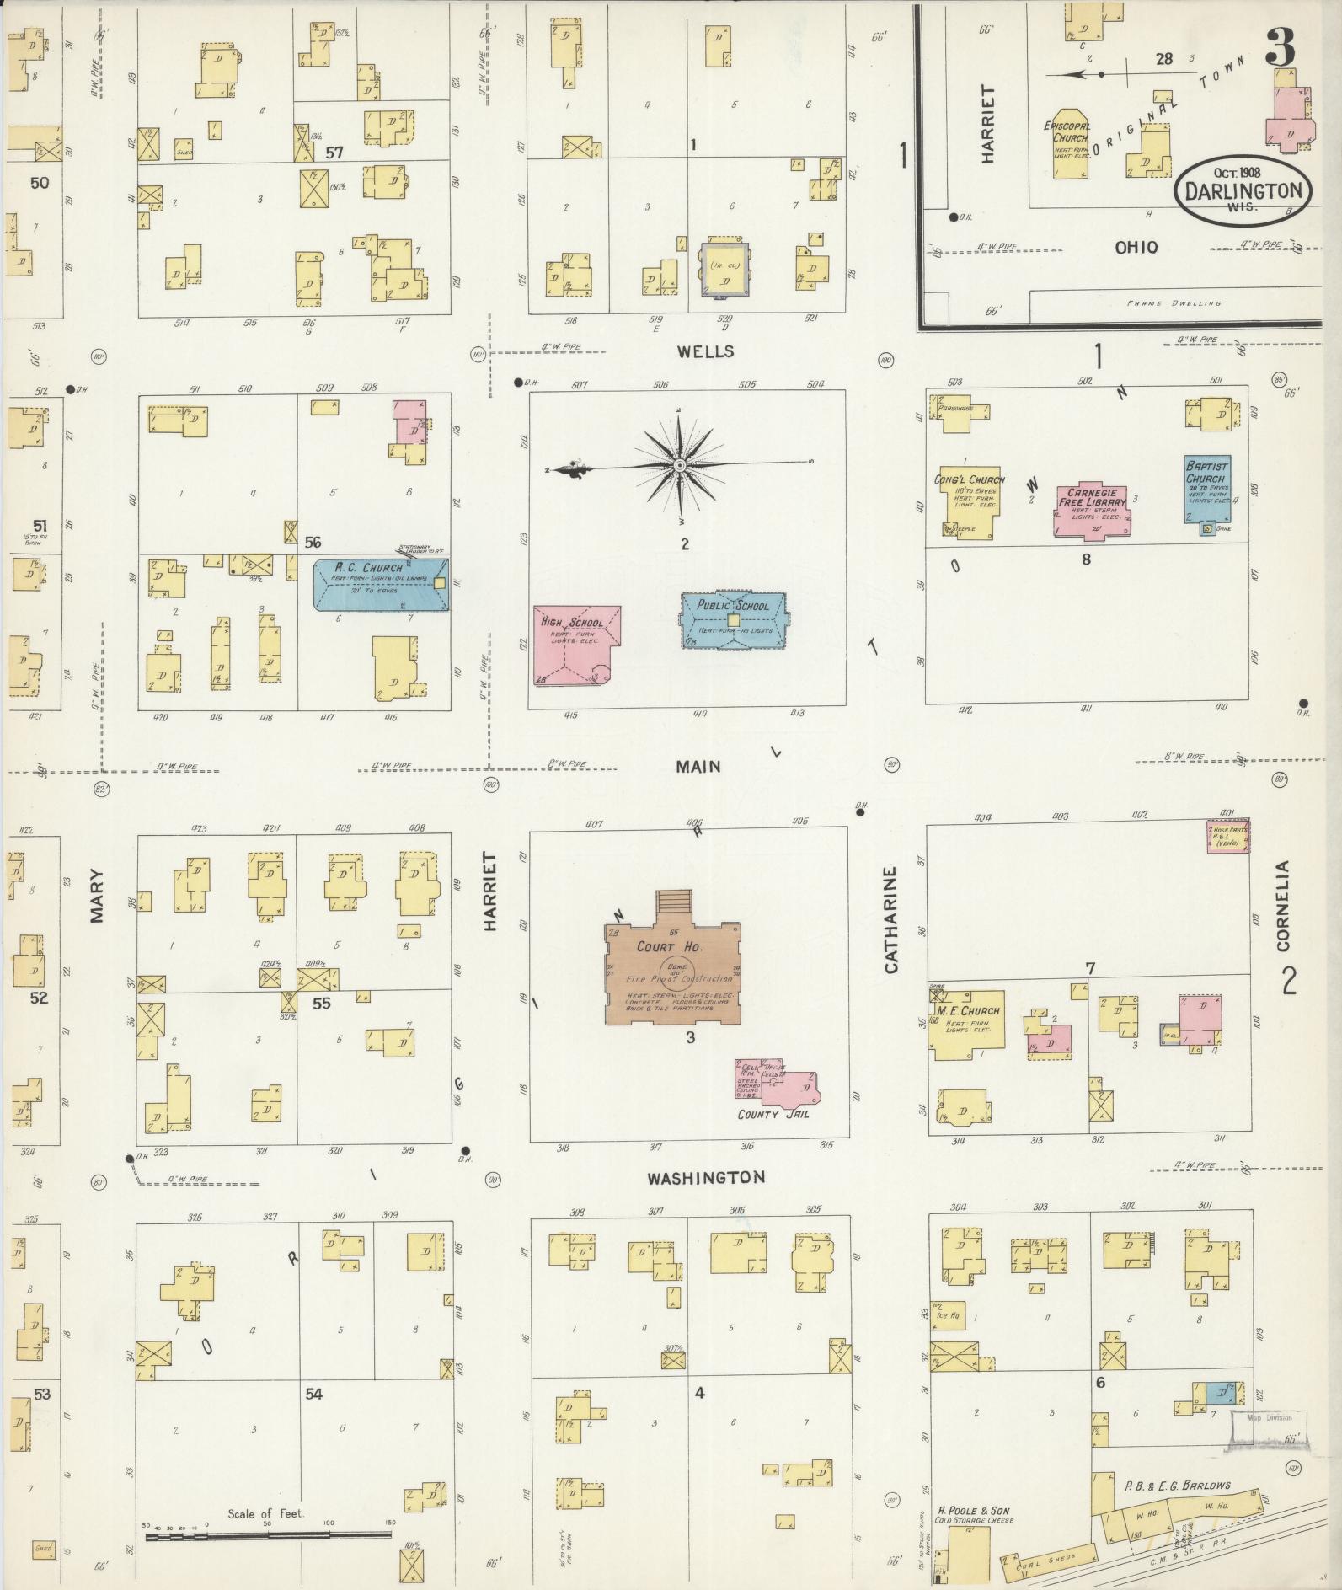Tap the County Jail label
(x=773, y=1114)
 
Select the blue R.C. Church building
(x=381, y=584)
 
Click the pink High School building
(x=575, y=645)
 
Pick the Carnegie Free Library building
(x=1093, y=509)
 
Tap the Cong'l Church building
(x=970, y=501)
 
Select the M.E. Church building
(x=966, y=1024)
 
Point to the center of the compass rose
(x=679, y=465)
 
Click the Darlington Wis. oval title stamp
(x=1243, y=192)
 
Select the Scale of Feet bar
(x=268, y=1535)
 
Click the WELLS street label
(x=706, y=351)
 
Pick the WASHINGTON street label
(x=706, y=1177)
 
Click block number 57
(x=334, y=153)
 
